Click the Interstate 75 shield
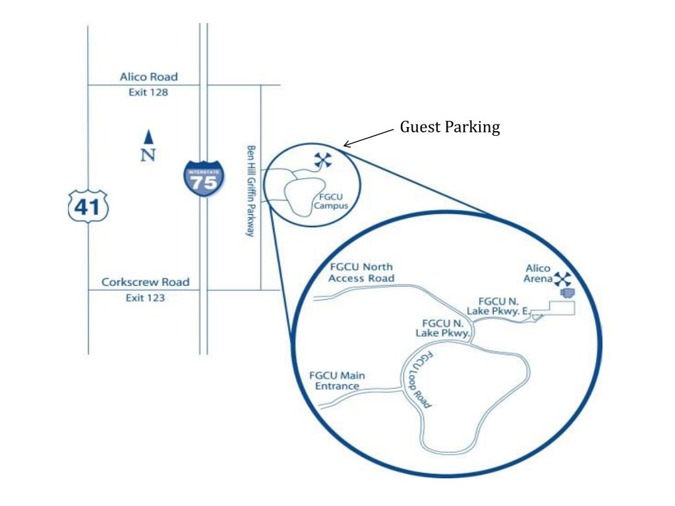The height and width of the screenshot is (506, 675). coord(204,177)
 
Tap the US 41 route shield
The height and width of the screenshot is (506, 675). coord(88,207)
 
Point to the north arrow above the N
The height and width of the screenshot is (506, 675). coord(149,137)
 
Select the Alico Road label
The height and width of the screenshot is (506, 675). coord(148,77)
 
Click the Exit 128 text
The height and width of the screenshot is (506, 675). coord(148,92)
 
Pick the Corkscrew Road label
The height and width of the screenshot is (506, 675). coord(145,282)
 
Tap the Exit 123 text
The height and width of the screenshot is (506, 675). coord(145,298)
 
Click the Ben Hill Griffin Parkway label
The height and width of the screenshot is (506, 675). coord(250,191)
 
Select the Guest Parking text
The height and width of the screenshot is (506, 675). coord(450,127)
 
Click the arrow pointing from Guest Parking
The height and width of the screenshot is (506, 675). coord(370,138)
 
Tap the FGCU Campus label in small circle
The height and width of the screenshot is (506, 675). coord(330,201)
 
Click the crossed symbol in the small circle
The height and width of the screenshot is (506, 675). coord(322,159)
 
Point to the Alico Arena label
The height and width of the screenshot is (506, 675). coord(538,273)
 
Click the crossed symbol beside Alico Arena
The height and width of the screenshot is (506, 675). coord(563,278)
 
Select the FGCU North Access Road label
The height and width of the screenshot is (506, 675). coord(361,272)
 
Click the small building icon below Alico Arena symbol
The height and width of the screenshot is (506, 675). coord(566,292)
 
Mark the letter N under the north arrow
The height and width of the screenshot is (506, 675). coord(149,155)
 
